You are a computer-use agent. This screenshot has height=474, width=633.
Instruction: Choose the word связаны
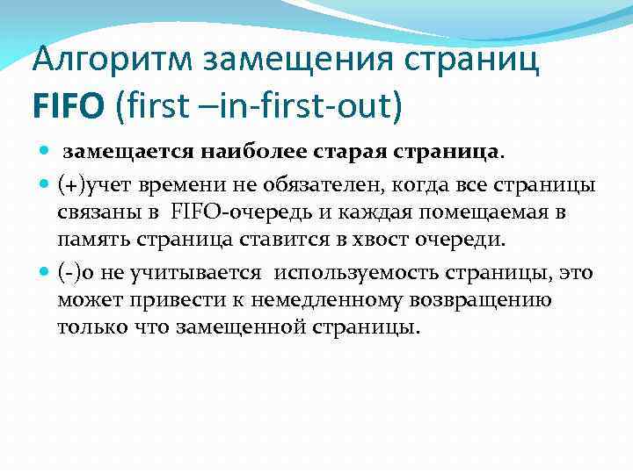pos(96,212)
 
